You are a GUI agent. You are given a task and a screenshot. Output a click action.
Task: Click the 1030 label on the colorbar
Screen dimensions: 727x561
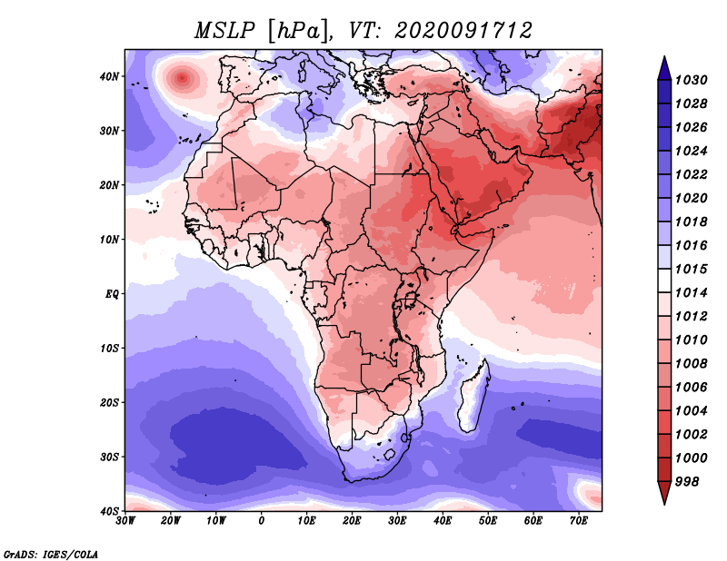pos(691,80)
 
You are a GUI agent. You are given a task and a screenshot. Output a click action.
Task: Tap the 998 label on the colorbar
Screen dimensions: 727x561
pos(686,482)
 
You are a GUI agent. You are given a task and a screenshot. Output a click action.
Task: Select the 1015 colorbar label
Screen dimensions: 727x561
pos(691,269)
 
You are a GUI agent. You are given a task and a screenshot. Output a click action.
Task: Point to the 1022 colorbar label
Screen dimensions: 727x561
pos(691,174)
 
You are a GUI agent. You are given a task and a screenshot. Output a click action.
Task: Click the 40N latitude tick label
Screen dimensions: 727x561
pos(109,76)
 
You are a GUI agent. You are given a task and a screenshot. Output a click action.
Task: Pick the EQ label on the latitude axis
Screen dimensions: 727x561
pos(112,294)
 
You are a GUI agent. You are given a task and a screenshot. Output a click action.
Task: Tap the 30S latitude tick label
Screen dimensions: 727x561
pos(109,458)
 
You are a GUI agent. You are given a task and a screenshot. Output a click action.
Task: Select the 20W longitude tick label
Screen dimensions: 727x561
pos(171,521)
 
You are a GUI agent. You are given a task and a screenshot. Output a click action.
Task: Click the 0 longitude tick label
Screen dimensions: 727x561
pos(262,521)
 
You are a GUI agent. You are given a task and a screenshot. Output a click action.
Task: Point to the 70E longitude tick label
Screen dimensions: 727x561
pos(579,521)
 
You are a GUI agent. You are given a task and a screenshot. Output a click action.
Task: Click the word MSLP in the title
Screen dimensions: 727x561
pos(224,31)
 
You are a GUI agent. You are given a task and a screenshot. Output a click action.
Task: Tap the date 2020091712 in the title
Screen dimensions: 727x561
pos(463,31)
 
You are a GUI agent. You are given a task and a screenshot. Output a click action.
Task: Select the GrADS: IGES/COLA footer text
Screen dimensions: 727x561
pos(51,555)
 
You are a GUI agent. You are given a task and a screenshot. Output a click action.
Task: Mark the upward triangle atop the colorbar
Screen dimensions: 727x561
pos(664,68)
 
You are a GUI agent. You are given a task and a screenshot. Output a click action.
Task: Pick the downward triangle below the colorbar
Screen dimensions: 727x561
pos(664,493)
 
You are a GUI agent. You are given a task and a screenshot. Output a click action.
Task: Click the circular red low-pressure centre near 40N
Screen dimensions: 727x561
pos(183,78)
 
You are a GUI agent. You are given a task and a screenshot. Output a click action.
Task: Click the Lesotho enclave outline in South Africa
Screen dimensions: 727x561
pos(390,454)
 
